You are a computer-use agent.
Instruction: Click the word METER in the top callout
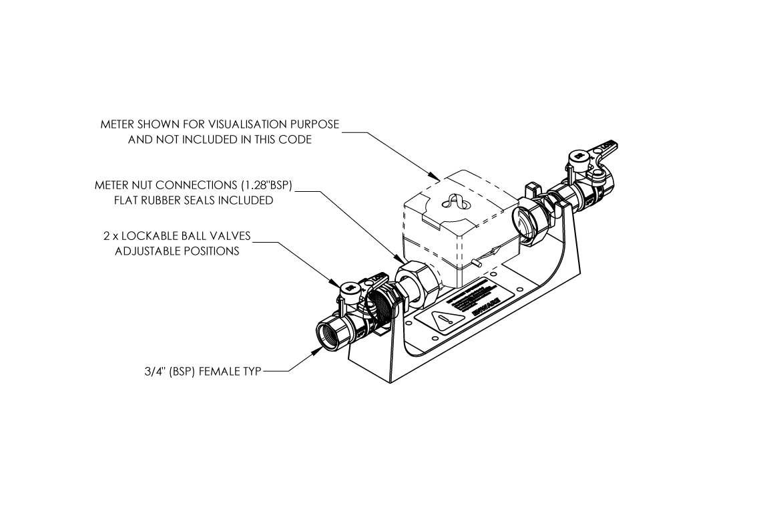[x=117, y=124]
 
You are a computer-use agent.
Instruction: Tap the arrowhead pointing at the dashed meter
[x=435, y=179]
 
